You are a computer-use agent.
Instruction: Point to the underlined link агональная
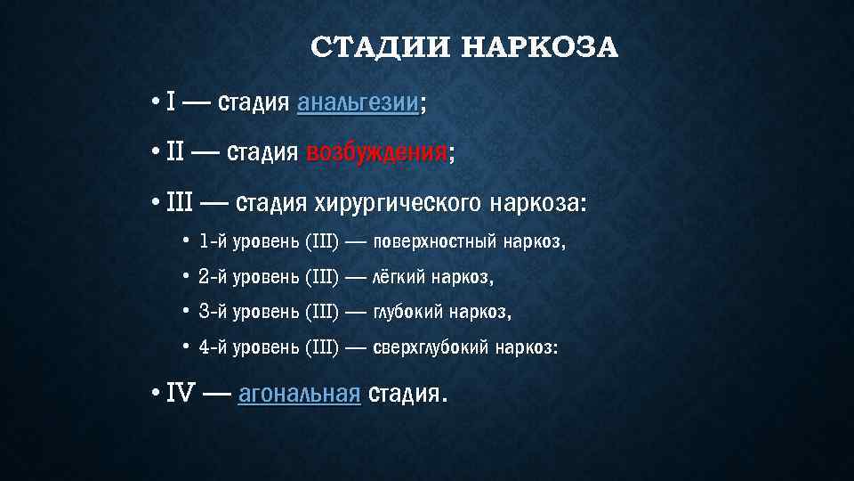(299, 393)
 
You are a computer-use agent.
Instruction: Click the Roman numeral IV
(181, 393)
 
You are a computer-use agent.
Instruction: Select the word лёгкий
(399, 277)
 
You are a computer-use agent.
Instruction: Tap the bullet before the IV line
(155, 393)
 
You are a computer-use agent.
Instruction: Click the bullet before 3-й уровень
(185, 312)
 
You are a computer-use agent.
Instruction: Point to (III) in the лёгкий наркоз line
(322, 277)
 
